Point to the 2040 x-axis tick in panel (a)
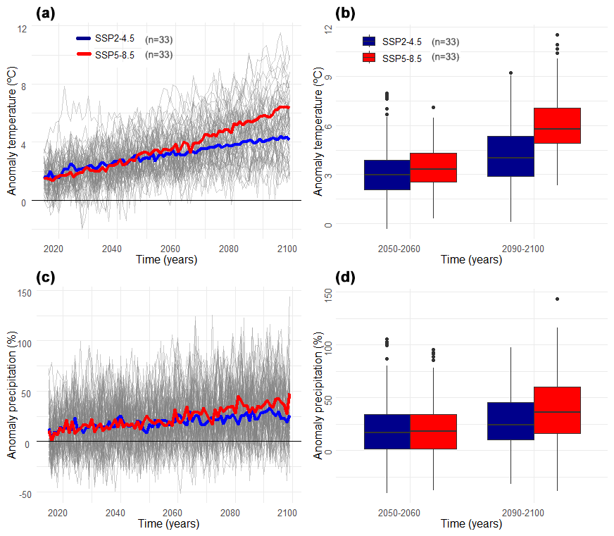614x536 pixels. pos(111,249)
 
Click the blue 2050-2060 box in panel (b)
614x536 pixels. pos(387,175)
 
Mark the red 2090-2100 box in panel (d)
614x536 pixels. pos(557,410)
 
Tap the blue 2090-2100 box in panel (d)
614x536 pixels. pos(510,421)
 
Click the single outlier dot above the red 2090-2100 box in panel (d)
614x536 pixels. pos(557,299)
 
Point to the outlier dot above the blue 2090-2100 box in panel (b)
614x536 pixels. pos(510,73)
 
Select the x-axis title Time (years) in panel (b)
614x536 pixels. pos(472,260)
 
